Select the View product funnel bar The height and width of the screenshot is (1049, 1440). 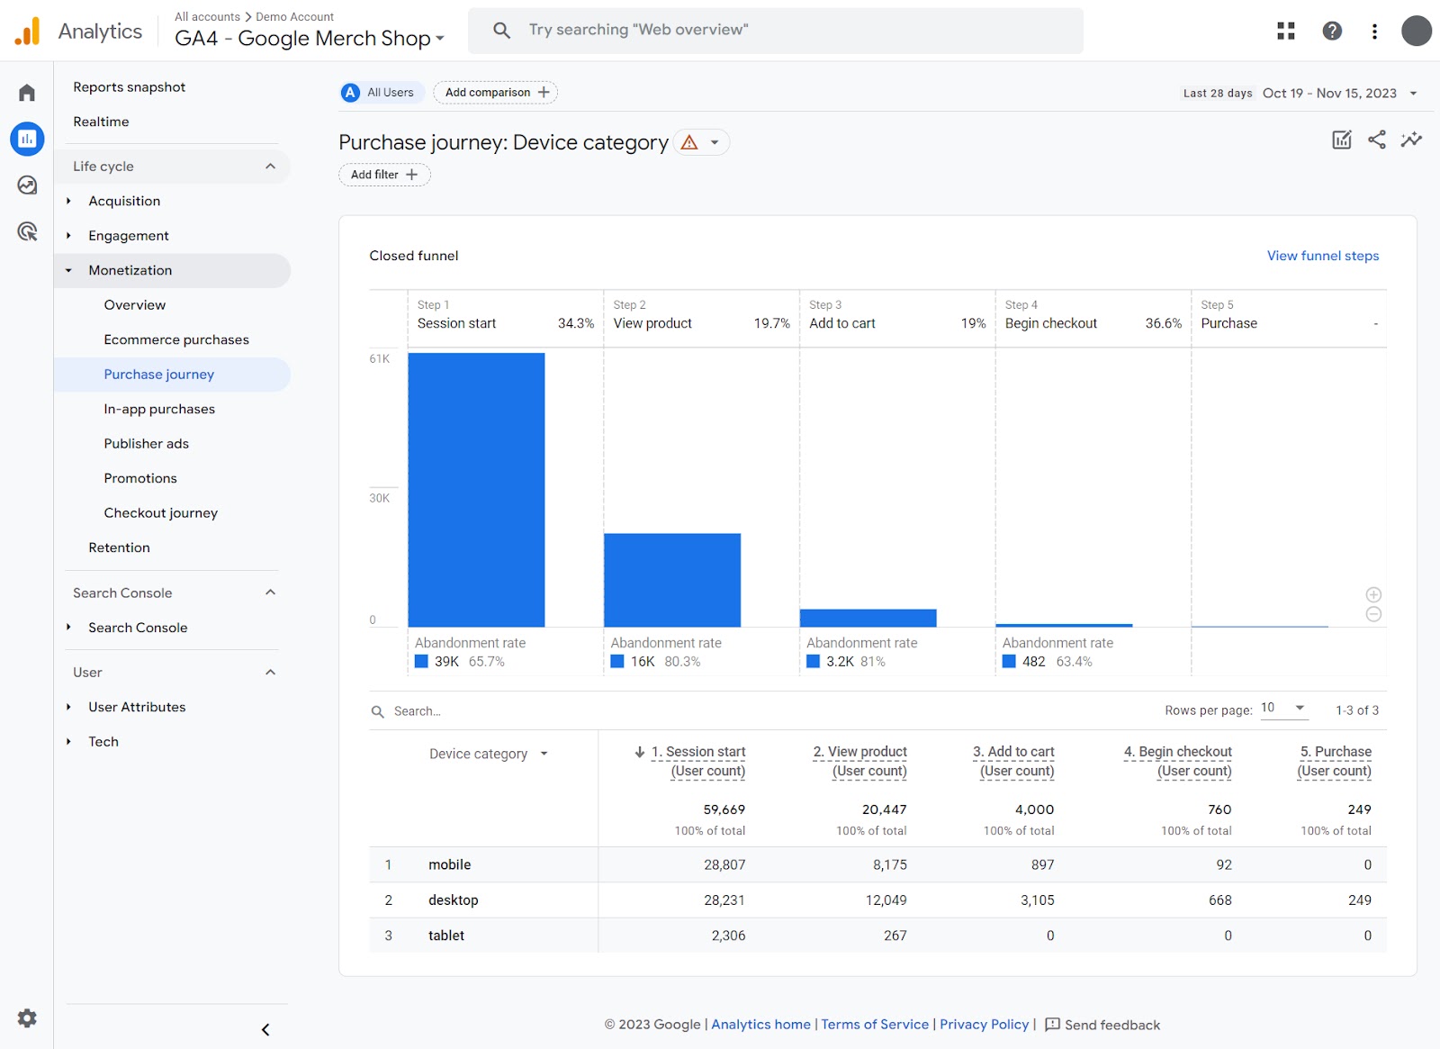pyautogui.click(x=671, y=580)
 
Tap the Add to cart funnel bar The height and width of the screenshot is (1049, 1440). pyautogui.click(x=868, y=618)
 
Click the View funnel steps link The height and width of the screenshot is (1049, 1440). pyautogui.click(x=1322, y=256)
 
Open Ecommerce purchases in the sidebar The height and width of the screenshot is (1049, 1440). pyautogui.click(x=176, y=339)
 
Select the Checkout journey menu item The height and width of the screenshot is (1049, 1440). pyautogui.click(x=160, y=512)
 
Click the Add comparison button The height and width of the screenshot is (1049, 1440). pyautogui.click(x=496, y=93)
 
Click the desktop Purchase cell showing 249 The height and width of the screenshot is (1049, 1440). pyautogui.click(x=1359, y=900)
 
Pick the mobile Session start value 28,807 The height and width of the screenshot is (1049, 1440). pyautogui.click(x=724, y=864)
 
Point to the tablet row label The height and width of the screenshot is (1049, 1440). pyautogui.click(x=446, y=936)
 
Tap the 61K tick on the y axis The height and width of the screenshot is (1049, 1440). pyautogui.click(x=380, y=358)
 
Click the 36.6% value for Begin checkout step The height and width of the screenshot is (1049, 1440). pyautogui.click(x=1163, y=323)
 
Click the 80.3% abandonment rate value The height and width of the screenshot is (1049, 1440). pyautogui.click(x=682, y=662)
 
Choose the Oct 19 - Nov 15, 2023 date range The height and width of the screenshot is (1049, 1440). pyautogui.click(x=1329, y=93)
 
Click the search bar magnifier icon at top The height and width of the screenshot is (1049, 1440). pyautogui.click(x=501, y=31)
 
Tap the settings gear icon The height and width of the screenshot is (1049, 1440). pyautogui.click(x=27, y=1017)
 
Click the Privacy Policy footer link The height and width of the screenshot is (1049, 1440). pyautogui.click(x=984, y=1025)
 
